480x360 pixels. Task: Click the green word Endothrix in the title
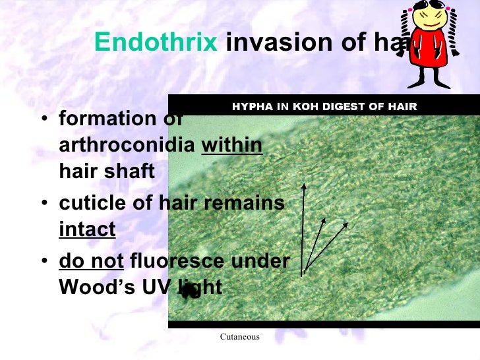[156, 42]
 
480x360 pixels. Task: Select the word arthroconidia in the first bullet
[127, 145]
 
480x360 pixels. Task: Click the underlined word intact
[87, 229]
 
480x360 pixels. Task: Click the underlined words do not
[92, 262]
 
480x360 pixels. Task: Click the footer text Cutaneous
[239, 337]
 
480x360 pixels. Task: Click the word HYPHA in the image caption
[249, 106]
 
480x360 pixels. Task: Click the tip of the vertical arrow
[304, 186]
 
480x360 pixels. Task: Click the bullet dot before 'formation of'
[44, 120]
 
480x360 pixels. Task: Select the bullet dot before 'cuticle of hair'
[44, 204]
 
